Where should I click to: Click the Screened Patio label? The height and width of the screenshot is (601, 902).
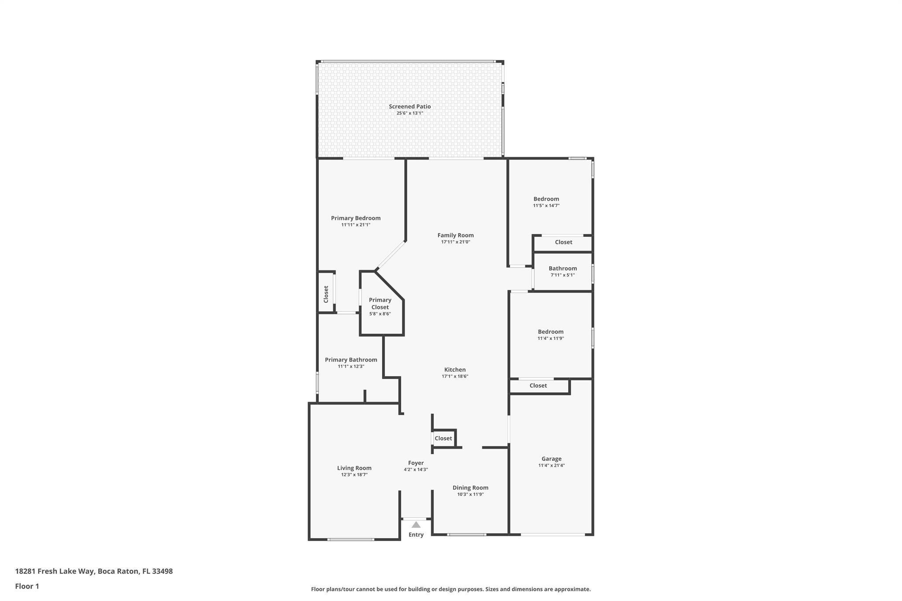(x=410, y=107)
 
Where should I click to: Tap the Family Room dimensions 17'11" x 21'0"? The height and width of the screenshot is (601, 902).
(x=455, y=242)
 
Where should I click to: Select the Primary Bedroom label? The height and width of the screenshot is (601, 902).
(x=356, y=218)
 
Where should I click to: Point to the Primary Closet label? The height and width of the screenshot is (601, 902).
(x=380, y=304)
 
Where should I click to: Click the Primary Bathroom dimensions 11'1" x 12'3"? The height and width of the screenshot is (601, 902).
(x=351, y=366)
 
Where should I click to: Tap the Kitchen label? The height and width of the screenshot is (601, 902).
(x=455, y=370)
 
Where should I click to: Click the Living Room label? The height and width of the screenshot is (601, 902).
(x=355, y=468)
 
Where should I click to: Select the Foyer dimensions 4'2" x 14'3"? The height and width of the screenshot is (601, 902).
(x=416, y=469)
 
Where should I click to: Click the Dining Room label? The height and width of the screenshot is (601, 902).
(x=470, y=487)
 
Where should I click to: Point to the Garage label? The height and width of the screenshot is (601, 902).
(x=551, y=459)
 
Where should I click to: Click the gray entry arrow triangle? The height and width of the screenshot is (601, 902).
(x=416, y=524)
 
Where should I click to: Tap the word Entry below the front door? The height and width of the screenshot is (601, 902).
(x=416, y=535)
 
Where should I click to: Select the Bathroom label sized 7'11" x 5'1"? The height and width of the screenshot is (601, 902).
(x=562, y=269)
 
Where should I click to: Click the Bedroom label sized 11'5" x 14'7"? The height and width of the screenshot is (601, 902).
(x=546, y=199)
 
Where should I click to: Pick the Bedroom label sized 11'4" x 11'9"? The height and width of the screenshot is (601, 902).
(x=551, y=332)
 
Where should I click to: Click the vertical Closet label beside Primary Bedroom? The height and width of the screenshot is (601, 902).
(x=326, y=294)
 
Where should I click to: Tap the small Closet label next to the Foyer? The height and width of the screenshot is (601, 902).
(x=443, y=439)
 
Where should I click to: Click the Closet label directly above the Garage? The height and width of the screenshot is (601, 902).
(x=538, y=386)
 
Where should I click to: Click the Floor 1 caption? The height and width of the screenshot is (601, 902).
(x=27, y=586)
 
